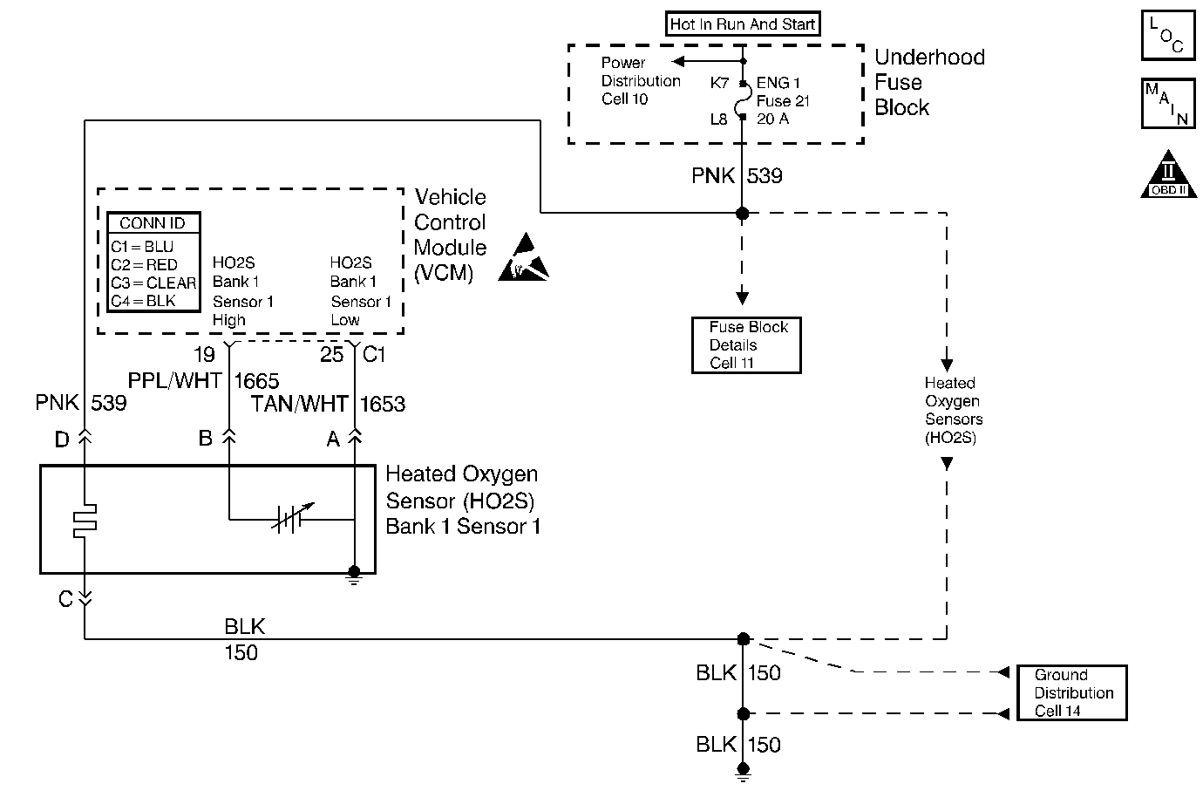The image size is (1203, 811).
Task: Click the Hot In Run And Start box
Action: point(743,24)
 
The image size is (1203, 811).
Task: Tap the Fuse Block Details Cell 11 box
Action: point(746,345)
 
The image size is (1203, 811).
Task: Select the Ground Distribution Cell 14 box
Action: point(1072,692)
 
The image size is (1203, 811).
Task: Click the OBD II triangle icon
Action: point(1167,175)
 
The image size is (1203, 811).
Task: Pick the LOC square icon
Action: point(1167,36)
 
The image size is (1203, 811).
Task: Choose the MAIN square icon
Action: point(1167,104)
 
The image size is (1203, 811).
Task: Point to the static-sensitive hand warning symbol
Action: point(525,259)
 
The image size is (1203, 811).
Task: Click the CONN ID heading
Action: point(153,223)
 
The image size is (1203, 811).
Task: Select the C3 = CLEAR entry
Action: point(153,283)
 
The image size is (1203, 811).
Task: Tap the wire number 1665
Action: point(256,381)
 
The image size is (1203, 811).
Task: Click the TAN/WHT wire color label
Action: point(299,404)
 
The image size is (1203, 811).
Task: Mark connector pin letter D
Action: point(62,440)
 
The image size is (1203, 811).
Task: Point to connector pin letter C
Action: point(65,599)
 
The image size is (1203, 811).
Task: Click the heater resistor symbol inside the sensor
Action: point(85,521)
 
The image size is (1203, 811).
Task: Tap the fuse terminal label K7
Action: point(719,84)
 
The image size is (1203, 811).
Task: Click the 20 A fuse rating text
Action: point(772,119)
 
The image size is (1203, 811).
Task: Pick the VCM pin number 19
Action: point(204,355)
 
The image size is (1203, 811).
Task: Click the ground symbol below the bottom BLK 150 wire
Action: point(743,769)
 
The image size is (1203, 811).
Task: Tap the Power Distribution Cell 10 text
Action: point(640,81)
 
